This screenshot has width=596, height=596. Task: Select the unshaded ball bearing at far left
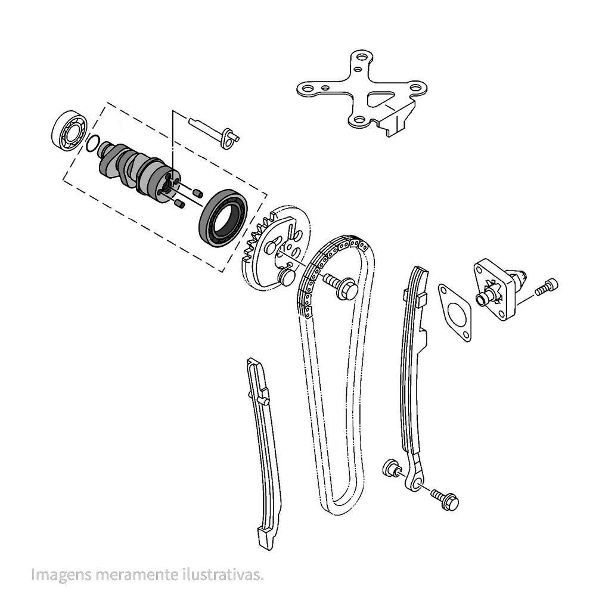pos(69,131)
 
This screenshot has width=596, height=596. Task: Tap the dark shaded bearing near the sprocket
pos(223,218)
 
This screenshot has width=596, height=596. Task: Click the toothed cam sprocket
pos(275,249)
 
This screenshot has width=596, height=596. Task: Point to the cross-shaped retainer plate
pos(361,92)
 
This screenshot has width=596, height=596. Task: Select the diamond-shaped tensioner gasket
pos(455,312)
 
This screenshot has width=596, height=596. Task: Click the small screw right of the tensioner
pos(546,287)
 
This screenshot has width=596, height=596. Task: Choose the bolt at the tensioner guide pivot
pos(445,499)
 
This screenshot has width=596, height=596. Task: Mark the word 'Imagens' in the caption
pos(61,575)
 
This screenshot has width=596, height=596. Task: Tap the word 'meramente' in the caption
pos(137,575)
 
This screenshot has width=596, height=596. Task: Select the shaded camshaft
pos(139,170)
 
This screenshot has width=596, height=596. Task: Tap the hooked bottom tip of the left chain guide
pos(265,540)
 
